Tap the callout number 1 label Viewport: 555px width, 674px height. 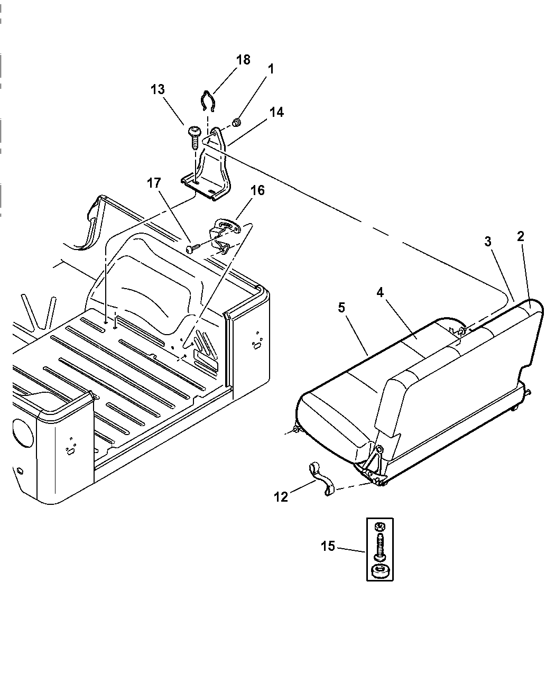click(271, 69)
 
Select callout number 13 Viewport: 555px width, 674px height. click(158, 89)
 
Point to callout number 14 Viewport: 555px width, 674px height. click(276, 112)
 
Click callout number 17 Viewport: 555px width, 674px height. click(153, 183)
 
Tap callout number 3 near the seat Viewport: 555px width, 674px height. click(487, 242)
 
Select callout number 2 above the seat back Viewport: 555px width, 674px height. click(520, 236)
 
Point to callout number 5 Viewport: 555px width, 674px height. click(341, 307)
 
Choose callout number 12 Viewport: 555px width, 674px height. click(281, 496)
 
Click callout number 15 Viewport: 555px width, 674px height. click(328, 546)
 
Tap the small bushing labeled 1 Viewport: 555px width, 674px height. click(237, 124)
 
